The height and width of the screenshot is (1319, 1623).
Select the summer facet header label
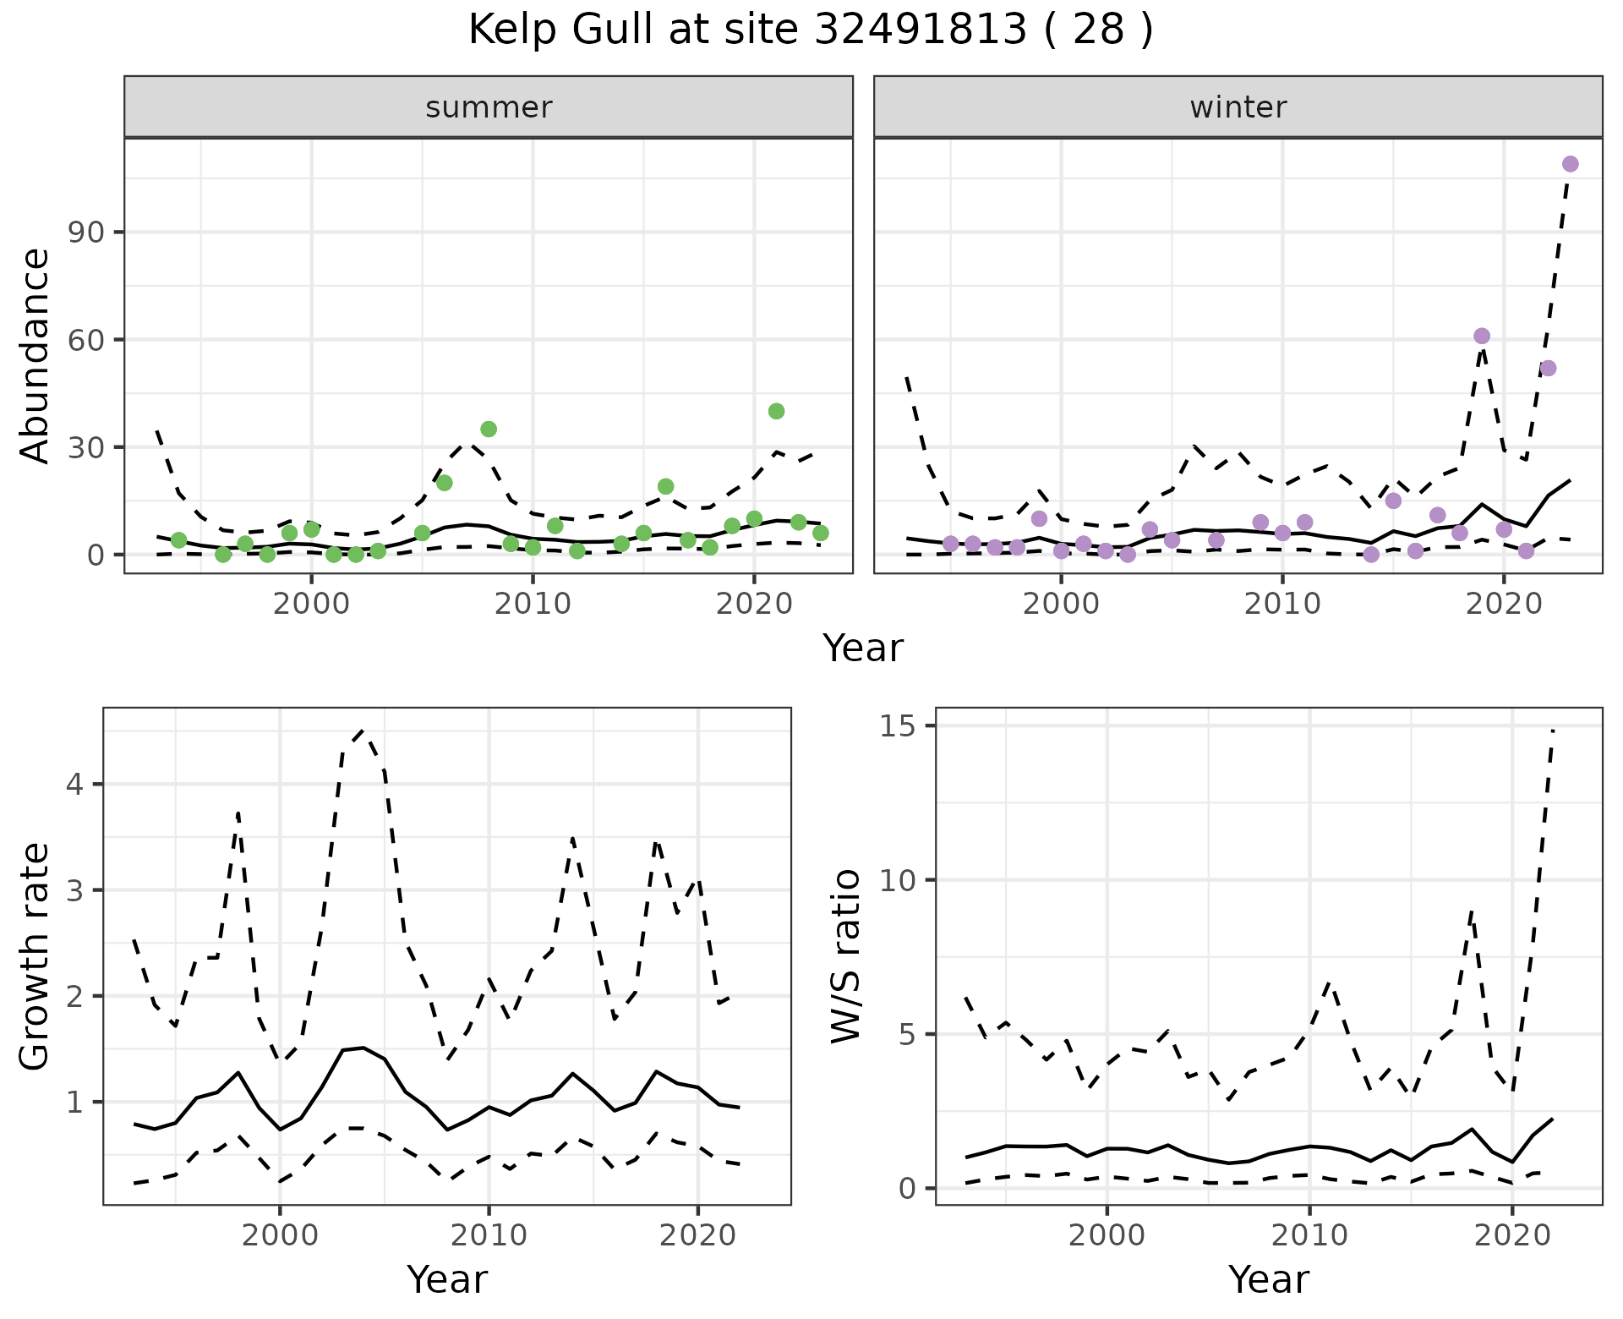click(489, 107)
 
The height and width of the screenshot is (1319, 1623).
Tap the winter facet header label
click(1238, 107)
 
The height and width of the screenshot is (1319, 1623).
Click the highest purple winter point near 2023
click(1570, 164)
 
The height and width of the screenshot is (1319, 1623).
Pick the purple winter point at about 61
click(1481, 336)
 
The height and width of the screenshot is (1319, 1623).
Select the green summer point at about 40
click(776, 411)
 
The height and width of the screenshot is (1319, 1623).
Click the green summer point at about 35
click(489, 429)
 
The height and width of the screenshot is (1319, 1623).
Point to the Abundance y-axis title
click(36, 355)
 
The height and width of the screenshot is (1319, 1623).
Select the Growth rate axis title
click(36, 955)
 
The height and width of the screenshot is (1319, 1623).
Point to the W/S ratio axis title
click(845, 955)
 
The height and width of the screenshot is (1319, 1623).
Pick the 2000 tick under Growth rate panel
click(280, 1234)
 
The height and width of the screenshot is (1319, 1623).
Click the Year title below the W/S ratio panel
click(1268, 1279)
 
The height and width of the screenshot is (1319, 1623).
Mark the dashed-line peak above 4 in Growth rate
click(363, 730)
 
